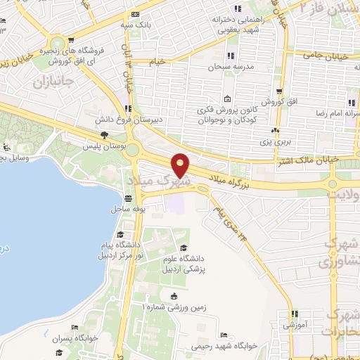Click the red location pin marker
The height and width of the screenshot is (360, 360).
181,164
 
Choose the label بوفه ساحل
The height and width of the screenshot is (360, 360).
127,209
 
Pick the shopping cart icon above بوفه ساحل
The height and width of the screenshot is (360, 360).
131,198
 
